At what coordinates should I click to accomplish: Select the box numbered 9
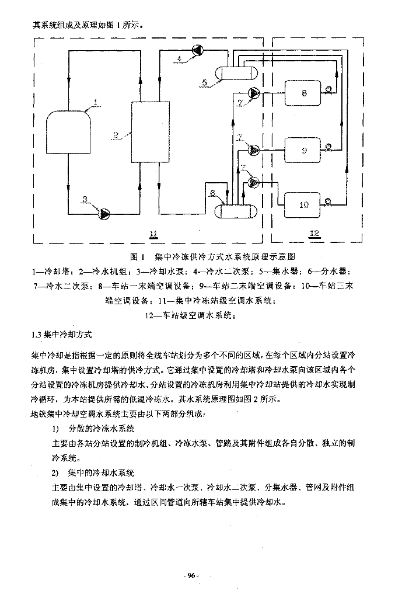(303, 150)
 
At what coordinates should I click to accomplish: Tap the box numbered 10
(303, 204)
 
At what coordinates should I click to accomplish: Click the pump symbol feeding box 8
(255, 92)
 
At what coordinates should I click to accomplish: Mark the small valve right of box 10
(328, 203)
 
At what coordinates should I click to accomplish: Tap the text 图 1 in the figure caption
(138, 257)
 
